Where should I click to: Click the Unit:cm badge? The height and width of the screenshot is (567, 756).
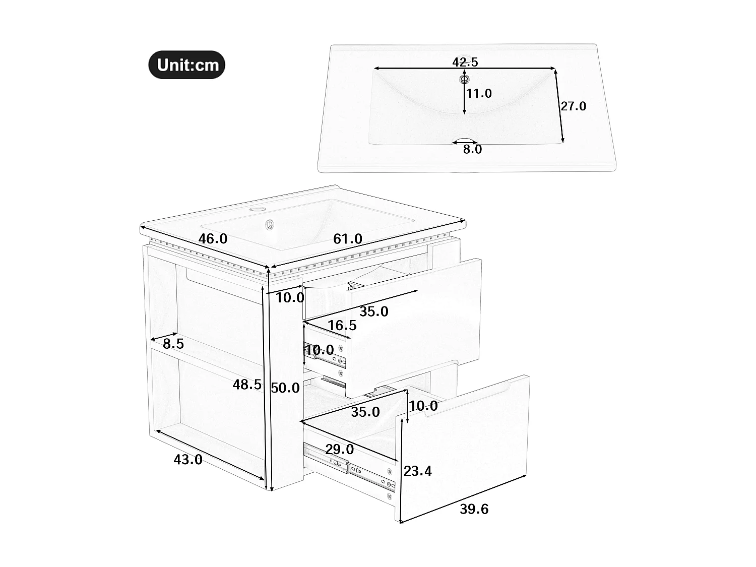186,65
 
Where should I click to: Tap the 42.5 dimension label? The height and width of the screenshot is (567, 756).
465,62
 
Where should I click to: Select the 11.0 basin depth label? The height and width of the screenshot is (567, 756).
479,93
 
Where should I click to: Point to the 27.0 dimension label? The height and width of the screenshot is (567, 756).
574,106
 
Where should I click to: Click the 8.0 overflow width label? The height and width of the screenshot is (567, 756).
472,149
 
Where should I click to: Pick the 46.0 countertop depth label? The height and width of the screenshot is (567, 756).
213,239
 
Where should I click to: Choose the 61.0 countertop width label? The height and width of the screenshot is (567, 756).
348,239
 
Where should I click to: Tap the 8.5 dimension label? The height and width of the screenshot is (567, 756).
173,344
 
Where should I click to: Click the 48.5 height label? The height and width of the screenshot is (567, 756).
247,385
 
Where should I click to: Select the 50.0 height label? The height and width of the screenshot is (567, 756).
285,388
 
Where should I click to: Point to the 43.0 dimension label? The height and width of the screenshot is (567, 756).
188,459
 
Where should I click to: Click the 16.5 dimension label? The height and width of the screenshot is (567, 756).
342,325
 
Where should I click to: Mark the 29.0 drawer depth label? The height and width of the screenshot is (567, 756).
339,449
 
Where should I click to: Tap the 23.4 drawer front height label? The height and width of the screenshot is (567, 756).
418,471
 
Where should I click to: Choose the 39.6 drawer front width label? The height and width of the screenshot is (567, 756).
474,509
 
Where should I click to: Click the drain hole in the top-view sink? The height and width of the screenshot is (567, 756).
464,79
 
